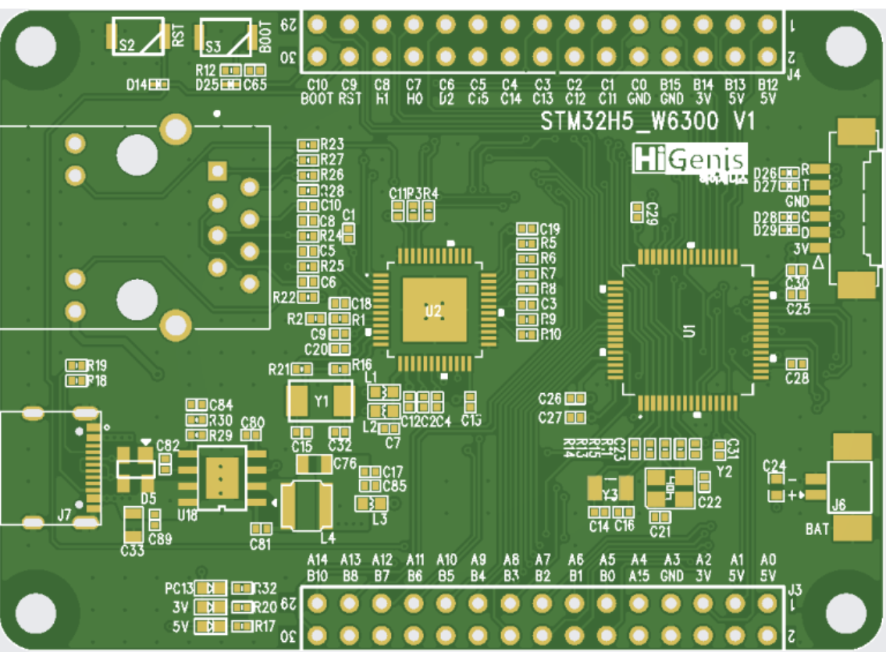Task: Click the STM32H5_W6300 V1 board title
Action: click(648, 122)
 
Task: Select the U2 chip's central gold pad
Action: click(434, 310)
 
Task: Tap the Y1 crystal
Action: click(321, 402)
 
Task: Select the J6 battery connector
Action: click(849, 487)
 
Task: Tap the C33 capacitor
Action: click(134, 526)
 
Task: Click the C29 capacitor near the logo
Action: click(638, 211)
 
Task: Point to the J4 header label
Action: click(794, 76)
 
